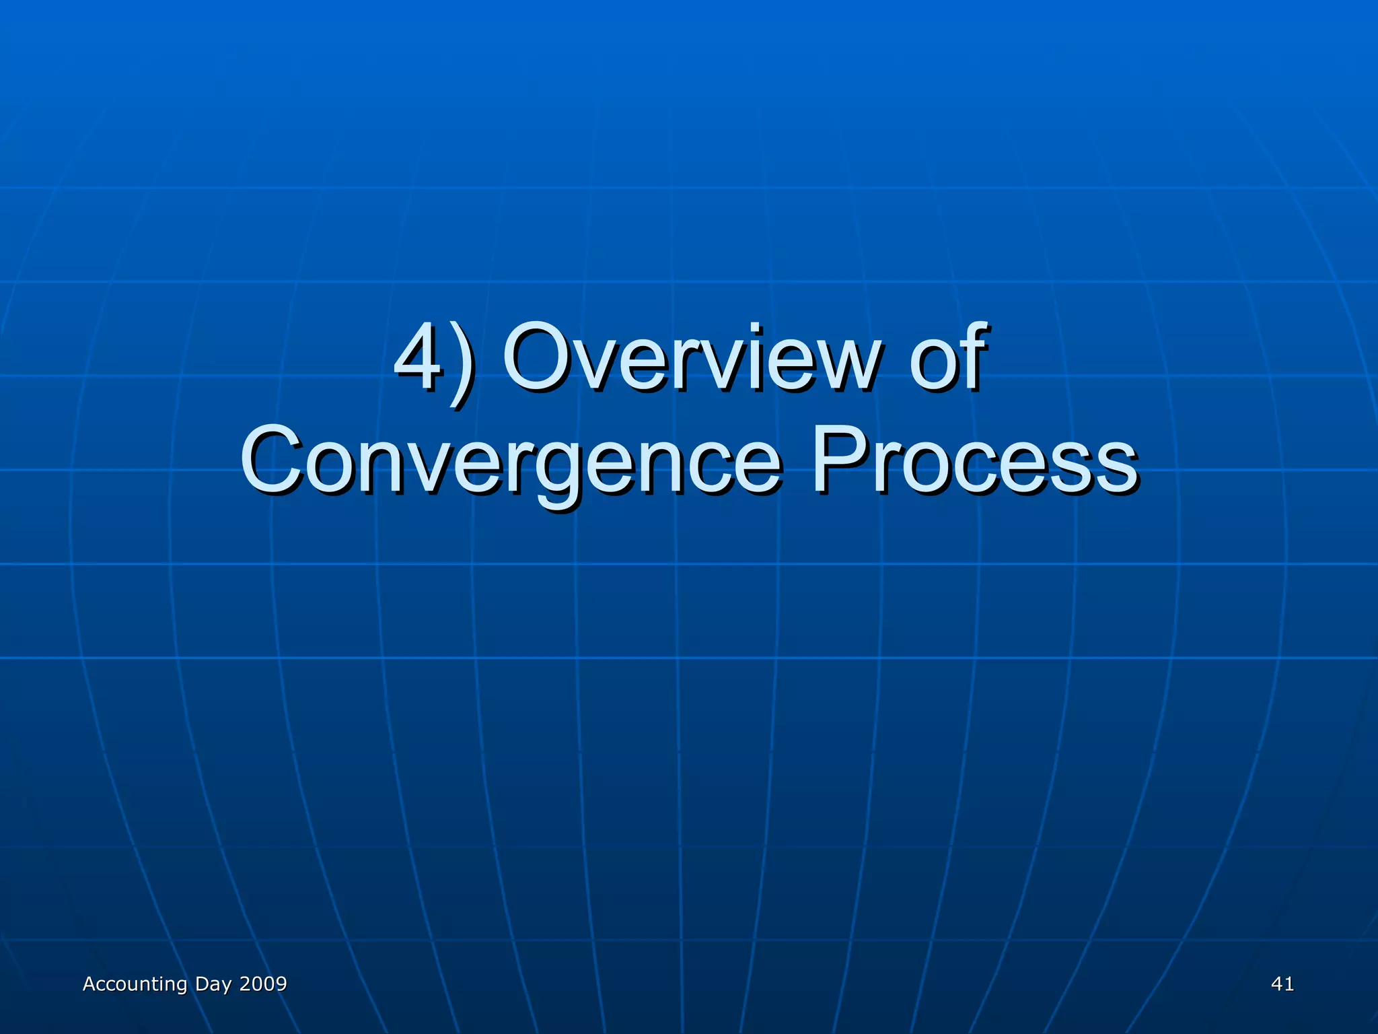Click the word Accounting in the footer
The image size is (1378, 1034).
(x=135, y=984)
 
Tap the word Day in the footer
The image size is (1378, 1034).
(x=213, y=985)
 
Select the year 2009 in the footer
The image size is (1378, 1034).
(x=263, y=984)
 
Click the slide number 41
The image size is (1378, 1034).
(x=1282, y=984)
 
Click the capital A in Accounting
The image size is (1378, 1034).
(x=89, y=984)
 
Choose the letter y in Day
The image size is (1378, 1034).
(x=227, y=987)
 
